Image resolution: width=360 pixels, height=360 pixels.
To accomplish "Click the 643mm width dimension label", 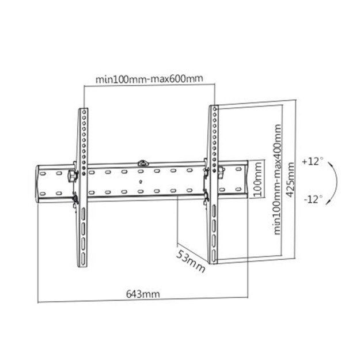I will pyautogui.click(x=143, y=294).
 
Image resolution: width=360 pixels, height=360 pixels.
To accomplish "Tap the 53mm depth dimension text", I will pyautogui.click(x=191, y=259).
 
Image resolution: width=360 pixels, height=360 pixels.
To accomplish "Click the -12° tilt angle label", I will pyautogui.click(x=314, y=199).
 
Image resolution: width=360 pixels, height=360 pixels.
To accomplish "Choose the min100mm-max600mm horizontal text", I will pyautogui.click(x=149, y=78).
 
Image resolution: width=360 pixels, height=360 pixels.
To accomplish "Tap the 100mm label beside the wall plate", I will pyautogui.click(x=259, y=180).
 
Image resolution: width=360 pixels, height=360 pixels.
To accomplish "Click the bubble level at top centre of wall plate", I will pyautogui.click(x=142, y=163).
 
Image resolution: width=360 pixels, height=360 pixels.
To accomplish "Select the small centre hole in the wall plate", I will pyautogui.click(x=142, y=181).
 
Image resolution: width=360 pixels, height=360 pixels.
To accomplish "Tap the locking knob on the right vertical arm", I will pyautogui.click(x=222, y=170).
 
